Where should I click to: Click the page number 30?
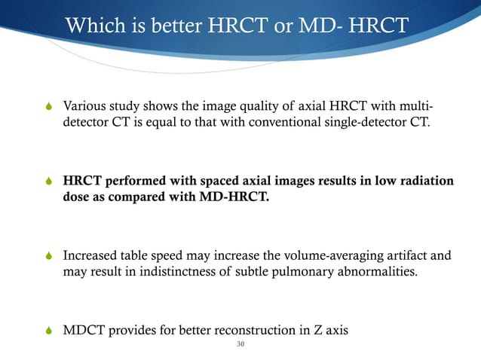coord(240,346)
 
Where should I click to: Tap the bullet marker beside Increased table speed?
coord(50,257)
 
